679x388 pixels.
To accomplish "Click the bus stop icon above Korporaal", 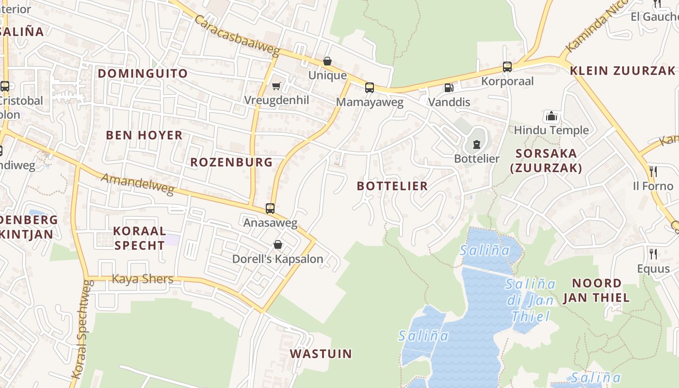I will click(x=507, y=67).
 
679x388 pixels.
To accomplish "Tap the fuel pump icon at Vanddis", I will click(x=449, y=88).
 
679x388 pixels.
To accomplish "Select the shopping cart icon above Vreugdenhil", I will click(x=276, y=86).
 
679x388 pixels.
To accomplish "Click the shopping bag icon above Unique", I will click(x=327, y=62).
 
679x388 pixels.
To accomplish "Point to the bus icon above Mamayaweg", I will click(x=370, y=88).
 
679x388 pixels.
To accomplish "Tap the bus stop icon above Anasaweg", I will click(x=270, y=209).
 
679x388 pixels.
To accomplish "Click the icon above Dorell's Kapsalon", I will click(x=278, y=244).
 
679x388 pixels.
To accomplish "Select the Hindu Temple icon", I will click(x=551, y=116).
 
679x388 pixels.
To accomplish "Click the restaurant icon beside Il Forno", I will click(x=653, y=172).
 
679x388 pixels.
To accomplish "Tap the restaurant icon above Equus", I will click(x=653, y=254).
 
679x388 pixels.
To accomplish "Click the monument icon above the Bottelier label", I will click(x=476, y=144).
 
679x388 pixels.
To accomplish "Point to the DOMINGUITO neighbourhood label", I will click(x=143, y=73).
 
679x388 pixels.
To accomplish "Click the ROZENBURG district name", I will click(x=231, y=162).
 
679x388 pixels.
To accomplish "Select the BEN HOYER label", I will click(x=144, y=135).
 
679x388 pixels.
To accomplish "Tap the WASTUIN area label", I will click(x=321, y=354).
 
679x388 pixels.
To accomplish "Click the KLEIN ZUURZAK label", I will click(x=622, y=70).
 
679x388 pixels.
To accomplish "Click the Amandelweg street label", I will click(x=137, y=184).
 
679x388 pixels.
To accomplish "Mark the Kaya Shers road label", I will click(x=143, y=279).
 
